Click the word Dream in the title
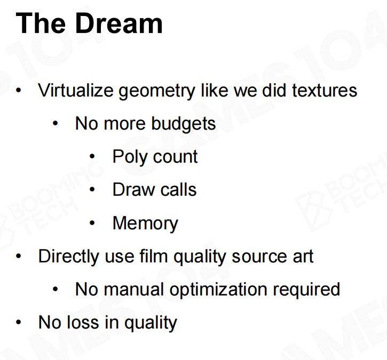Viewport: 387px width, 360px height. point(119,23)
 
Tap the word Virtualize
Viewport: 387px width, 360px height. point(75,90)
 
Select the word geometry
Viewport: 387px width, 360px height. point(157,92)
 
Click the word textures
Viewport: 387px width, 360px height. point(325,91)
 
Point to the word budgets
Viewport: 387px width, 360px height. point(184,124)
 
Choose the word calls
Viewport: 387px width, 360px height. point(178,189)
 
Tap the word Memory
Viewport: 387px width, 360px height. point(145,223)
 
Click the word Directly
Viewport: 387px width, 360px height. point(69,257)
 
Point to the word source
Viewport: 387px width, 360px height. point(260,258)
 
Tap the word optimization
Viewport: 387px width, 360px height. point(218,290)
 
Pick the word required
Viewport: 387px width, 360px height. point(306,290)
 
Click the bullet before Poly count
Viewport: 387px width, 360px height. point(92,156)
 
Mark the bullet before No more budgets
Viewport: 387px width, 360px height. point(56,123)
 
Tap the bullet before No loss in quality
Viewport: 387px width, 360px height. point(19,322)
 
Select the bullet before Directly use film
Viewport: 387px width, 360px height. point(19,256)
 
